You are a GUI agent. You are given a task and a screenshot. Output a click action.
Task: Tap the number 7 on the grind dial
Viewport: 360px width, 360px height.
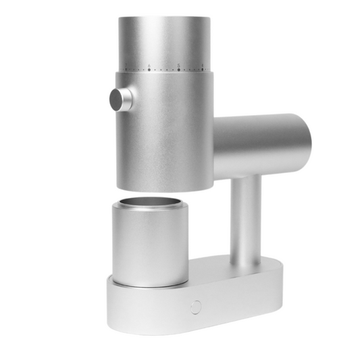126,66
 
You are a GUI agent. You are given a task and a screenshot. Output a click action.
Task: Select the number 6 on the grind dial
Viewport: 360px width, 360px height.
149,65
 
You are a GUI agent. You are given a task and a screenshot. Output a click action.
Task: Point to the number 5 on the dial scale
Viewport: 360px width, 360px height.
178,65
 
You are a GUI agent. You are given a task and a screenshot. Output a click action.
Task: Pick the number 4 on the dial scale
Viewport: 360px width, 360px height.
203,65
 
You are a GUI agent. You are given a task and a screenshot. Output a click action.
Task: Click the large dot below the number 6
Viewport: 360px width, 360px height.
149,70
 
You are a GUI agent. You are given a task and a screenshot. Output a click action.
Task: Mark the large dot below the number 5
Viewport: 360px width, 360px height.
178,70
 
